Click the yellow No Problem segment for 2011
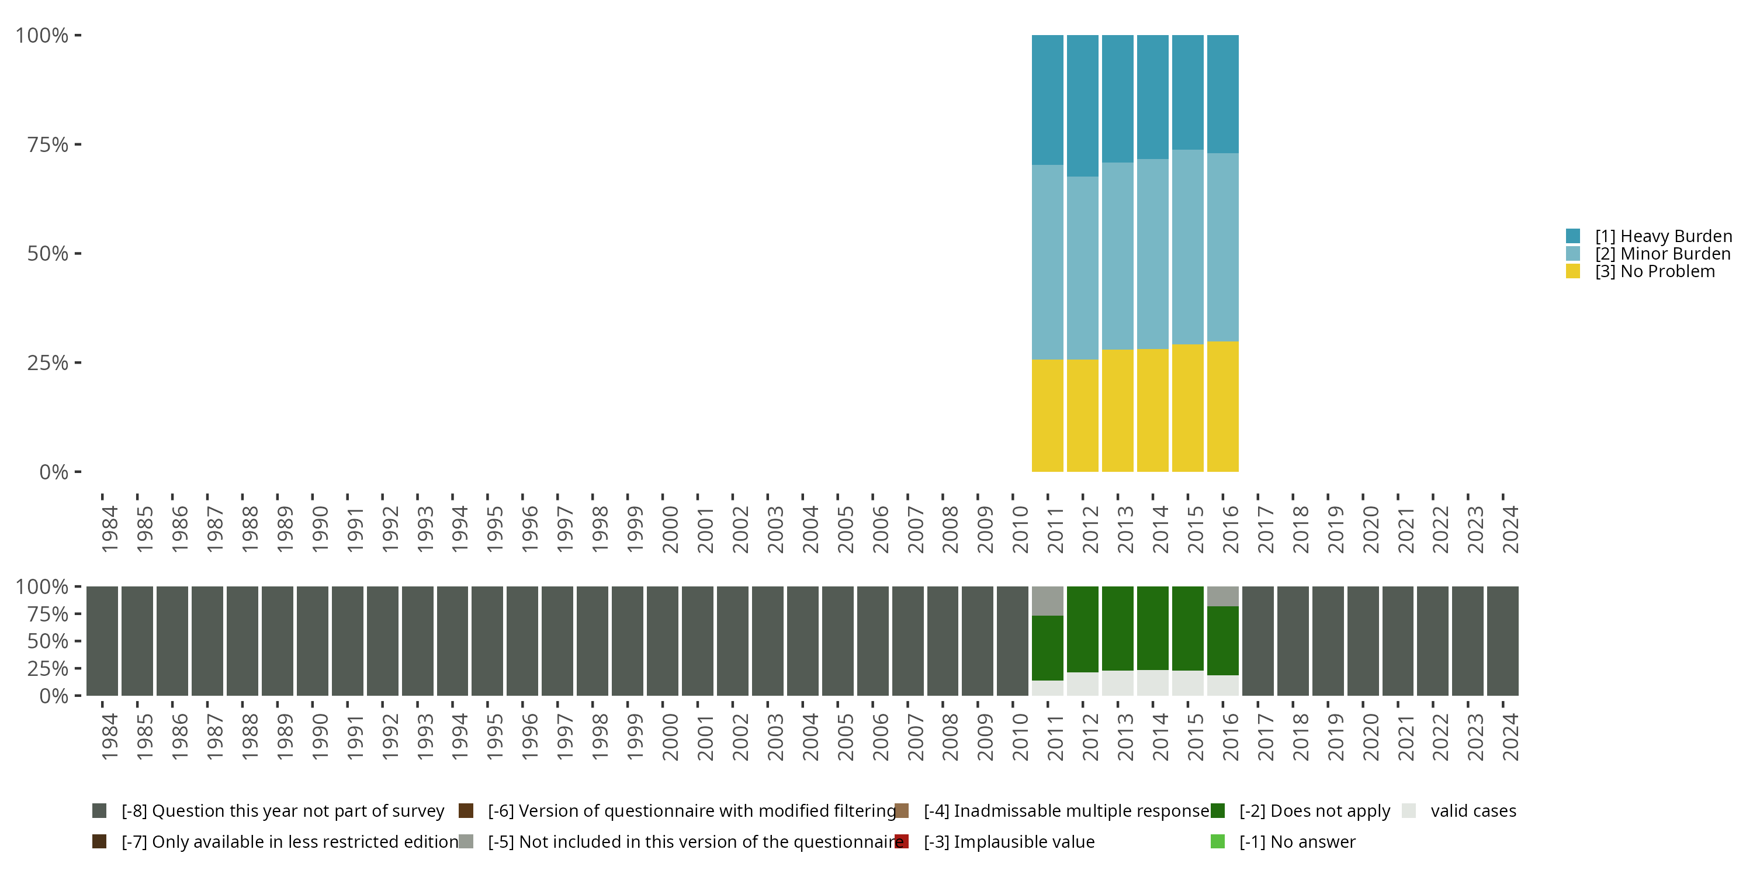pos(1047,415)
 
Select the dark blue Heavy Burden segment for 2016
pos(1222,94)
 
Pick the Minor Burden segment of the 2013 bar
pos(1117,256)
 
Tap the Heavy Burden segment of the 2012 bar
pos(1082,106)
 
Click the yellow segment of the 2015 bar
pos(1187,408)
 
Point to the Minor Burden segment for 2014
pos(1153,254)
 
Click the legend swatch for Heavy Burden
pos(1572,236)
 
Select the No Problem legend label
pos(1654,272)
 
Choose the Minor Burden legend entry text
pos(1662,254)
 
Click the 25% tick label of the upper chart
pos(48,363)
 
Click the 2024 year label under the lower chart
pos(1510,737)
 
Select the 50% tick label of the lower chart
pos(48,641)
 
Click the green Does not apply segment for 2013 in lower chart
pos(1117,629)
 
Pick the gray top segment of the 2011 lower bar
pos(1047,600)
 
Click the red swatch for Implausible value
pos(902,841)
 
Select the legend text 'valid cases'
pos(1473,811)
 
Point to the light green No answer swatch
pos(1217,841)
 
